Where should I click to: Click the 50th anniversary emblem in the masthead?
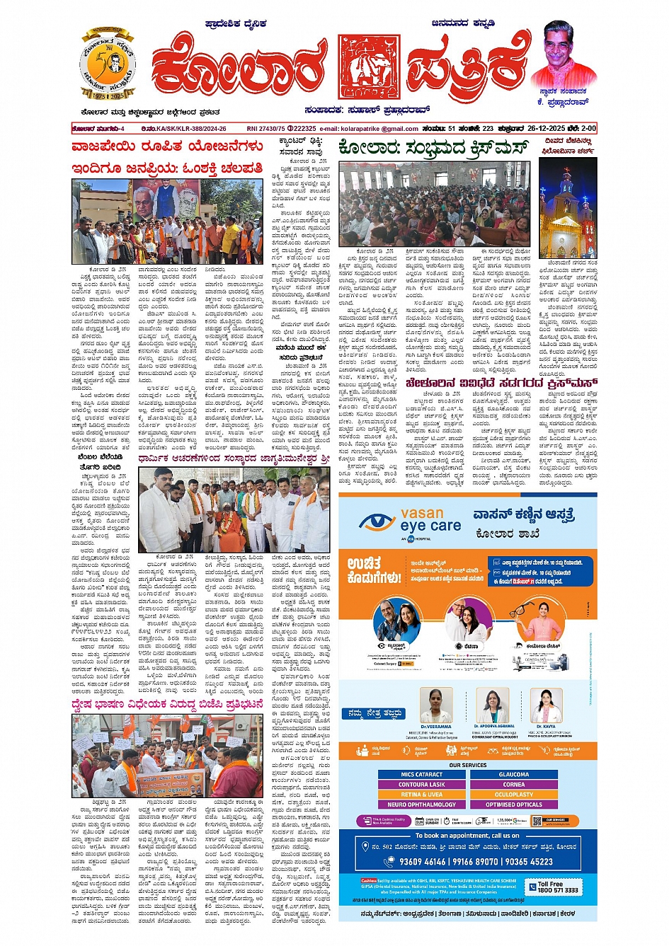[x=107, y=66]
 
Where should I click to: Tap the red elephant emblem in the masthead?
[x=368, y=67]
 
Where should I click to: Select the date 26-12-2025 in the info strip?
[x=552, y=129]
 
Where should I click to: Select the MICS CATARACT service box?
[x=421, y=774]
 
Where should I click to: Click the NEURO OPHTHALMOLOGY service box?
[x=421, y=804]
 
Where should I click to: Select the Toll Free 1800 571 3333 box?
[x=557, y=887]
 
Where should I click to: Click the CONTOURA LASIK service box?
[x=421, y=784]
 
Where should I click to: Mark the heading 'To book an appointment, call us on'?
[x=467, y=835]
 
